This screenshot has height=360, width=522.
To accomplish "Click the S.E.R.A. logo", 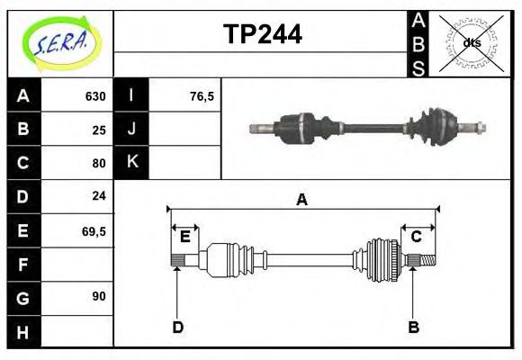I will (58, 41).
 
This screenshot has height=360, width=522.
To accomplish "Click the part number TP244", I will (262, 34).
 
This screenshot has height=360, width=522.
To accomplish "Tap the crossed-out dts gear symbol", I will (471, 42).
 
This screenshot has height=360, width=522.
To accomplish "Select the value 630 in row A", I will (94, 96).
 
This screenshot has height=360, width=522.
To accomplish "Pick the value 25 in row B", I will (99, 130).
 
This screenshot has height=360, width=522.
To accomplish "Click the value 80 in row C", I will (99, 164).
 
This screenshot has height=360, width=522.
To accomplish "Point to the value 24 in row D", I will (99, 195).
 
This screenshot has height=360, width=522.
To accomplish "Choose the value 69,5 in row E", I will (94, 230).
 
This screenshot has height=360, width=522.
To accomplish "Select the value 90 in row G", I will (99, 295).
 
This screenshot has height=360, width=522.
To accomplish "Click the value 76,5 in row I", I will (202, 96).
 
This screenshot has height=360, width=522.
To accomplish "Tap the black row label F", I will (23, 264).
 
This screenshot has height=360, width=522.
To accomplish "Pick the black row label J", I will (131, 129).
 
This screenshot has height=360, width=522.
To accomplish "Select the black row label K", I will (131, 163).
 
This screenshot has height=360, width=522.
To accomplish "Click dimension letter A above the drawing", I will (301, 200).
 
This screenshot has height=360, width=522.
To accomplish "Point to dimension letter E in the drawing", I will (184, 237).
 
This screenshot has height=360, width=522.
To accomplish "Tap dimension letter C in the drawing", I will (416, 237).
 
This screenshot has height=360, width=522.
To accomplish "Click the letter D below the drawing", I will (177, 328).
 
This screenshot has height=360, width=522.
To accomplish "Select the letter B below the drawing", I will (414, 328).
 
